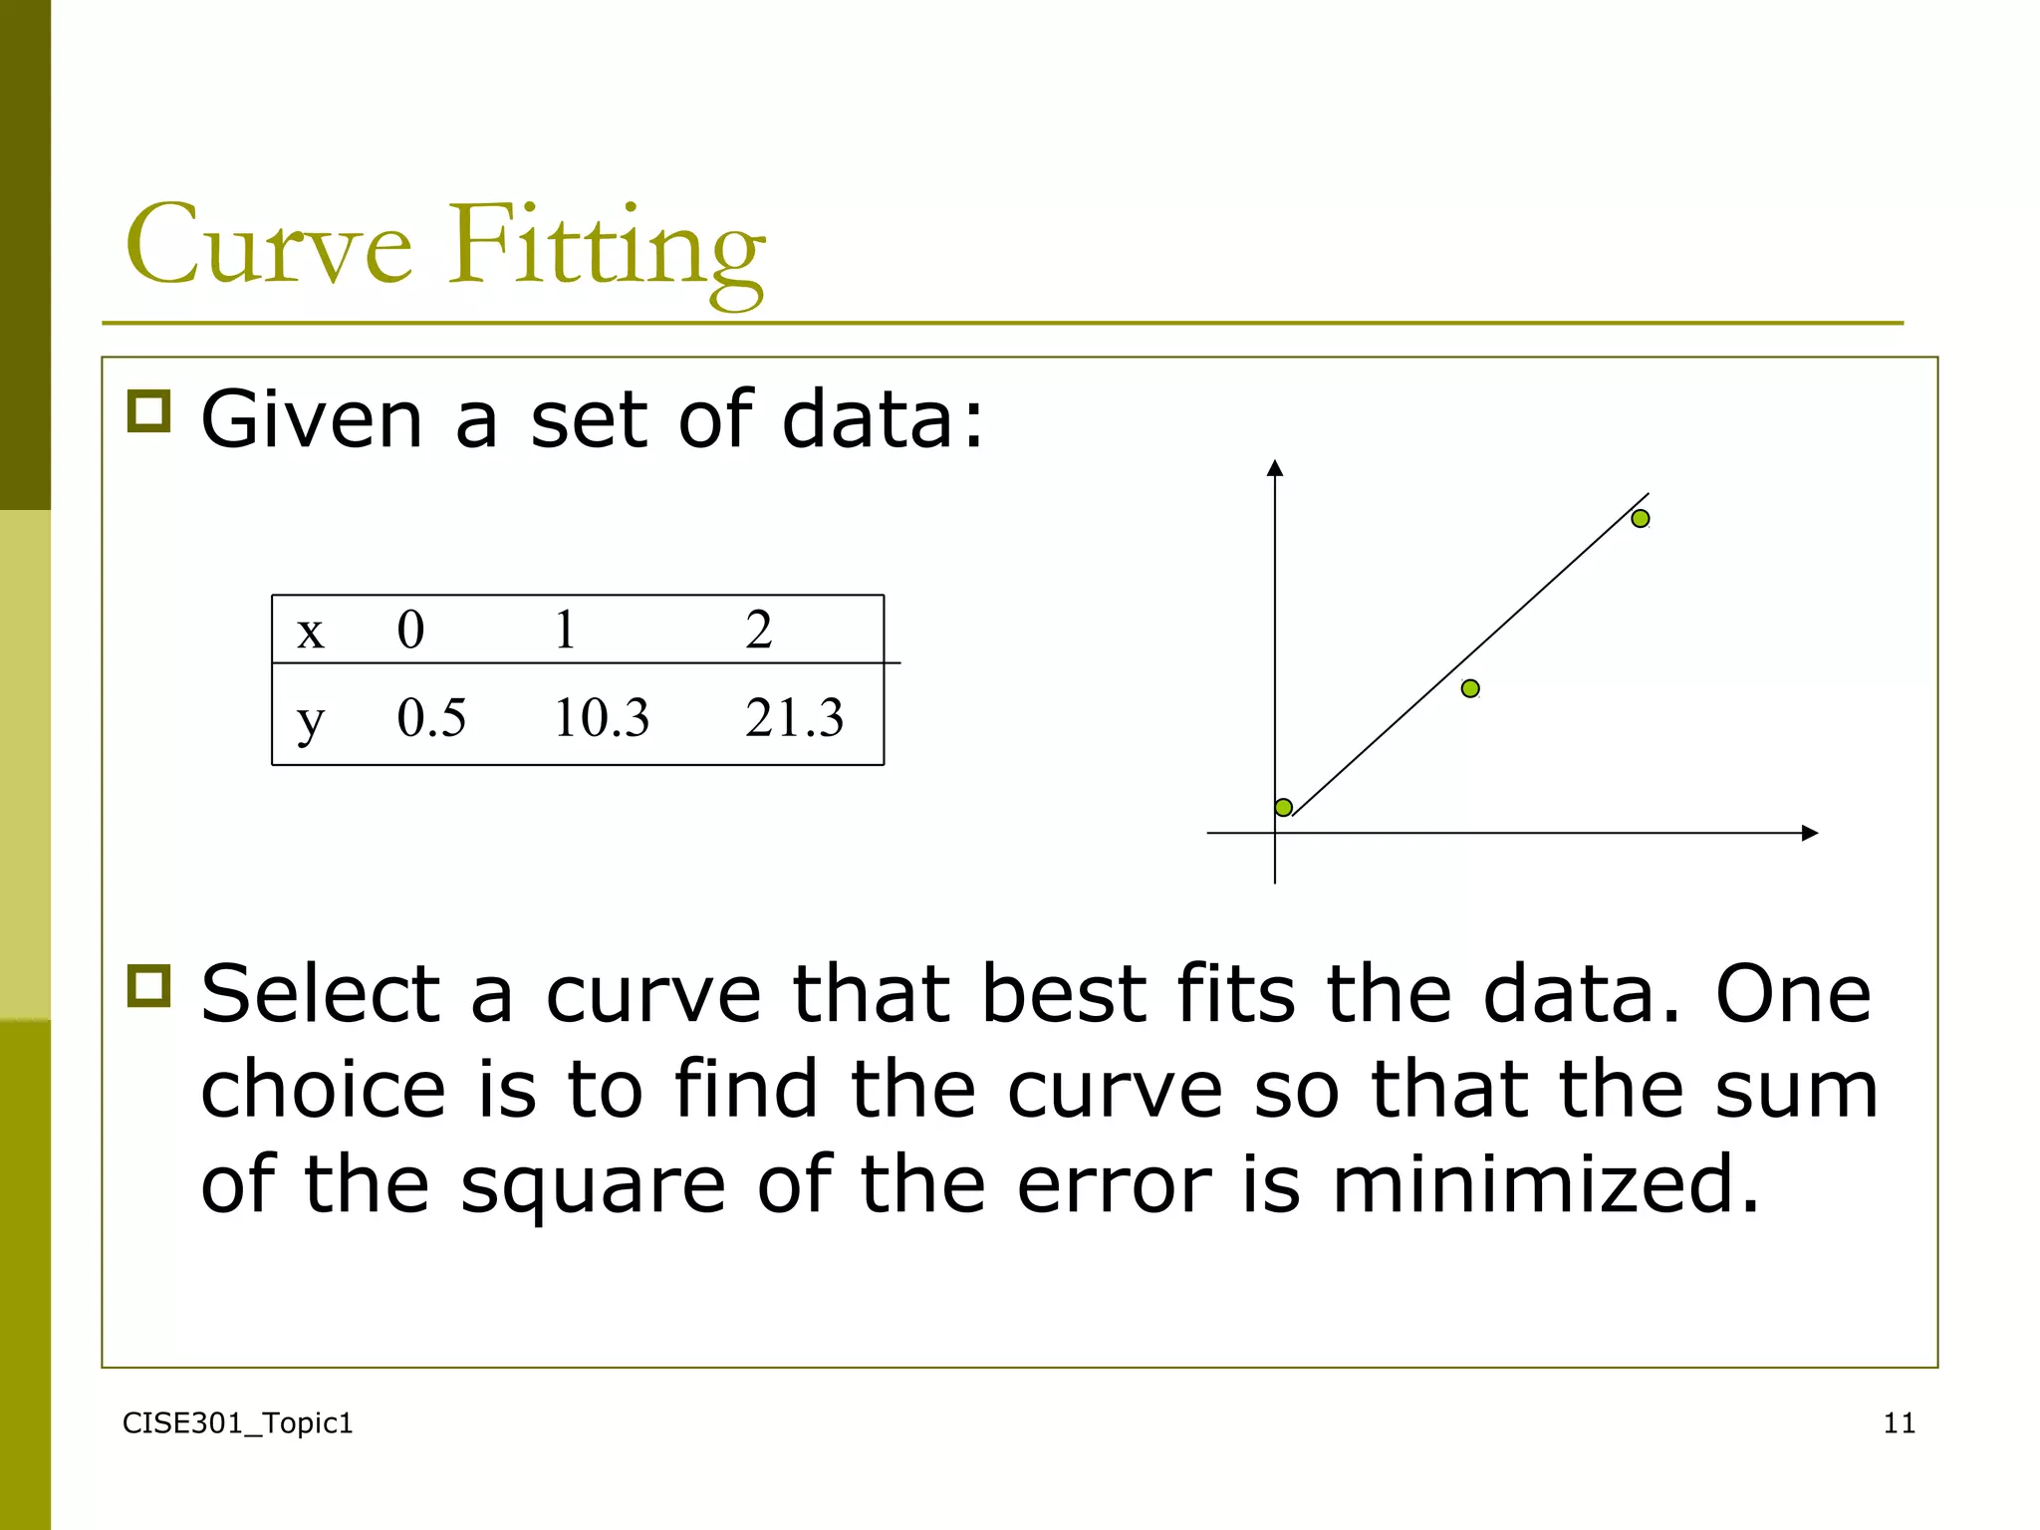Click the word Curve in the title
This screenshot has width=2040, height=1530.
269,244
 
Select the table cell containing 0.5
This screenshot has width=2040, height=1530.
431,717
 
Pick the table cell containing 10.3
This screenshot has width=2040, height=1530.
602,717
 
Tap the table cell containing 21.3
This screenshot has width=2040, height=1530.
794,717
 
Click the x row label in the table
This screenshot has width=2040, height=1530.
311,632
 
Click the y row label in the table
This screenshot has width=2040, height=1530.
311,719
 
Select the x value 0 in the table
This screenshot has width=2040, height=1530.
410,630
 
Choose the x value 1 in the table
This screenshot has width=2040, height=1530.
565,630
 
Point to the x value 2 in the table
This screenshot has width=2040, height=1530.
758,630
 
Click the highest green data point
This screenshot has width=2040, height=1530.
1641,518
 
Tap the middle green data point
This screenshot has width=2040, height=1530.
1470,688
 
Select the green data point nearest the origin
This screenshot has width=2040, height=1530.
1284,807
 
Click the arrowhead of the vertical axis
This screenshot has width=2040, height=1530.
1275,467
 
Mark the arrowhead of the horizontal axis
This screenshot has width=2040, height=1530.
1811,833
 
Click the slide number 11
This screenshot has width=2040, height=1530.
1899,1423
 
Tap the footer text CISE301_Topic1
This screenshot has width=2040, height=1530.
237,1423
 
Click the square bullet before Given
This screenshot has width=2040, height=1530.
149,410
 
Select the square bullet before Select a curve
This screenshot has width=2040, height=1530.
149,985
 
